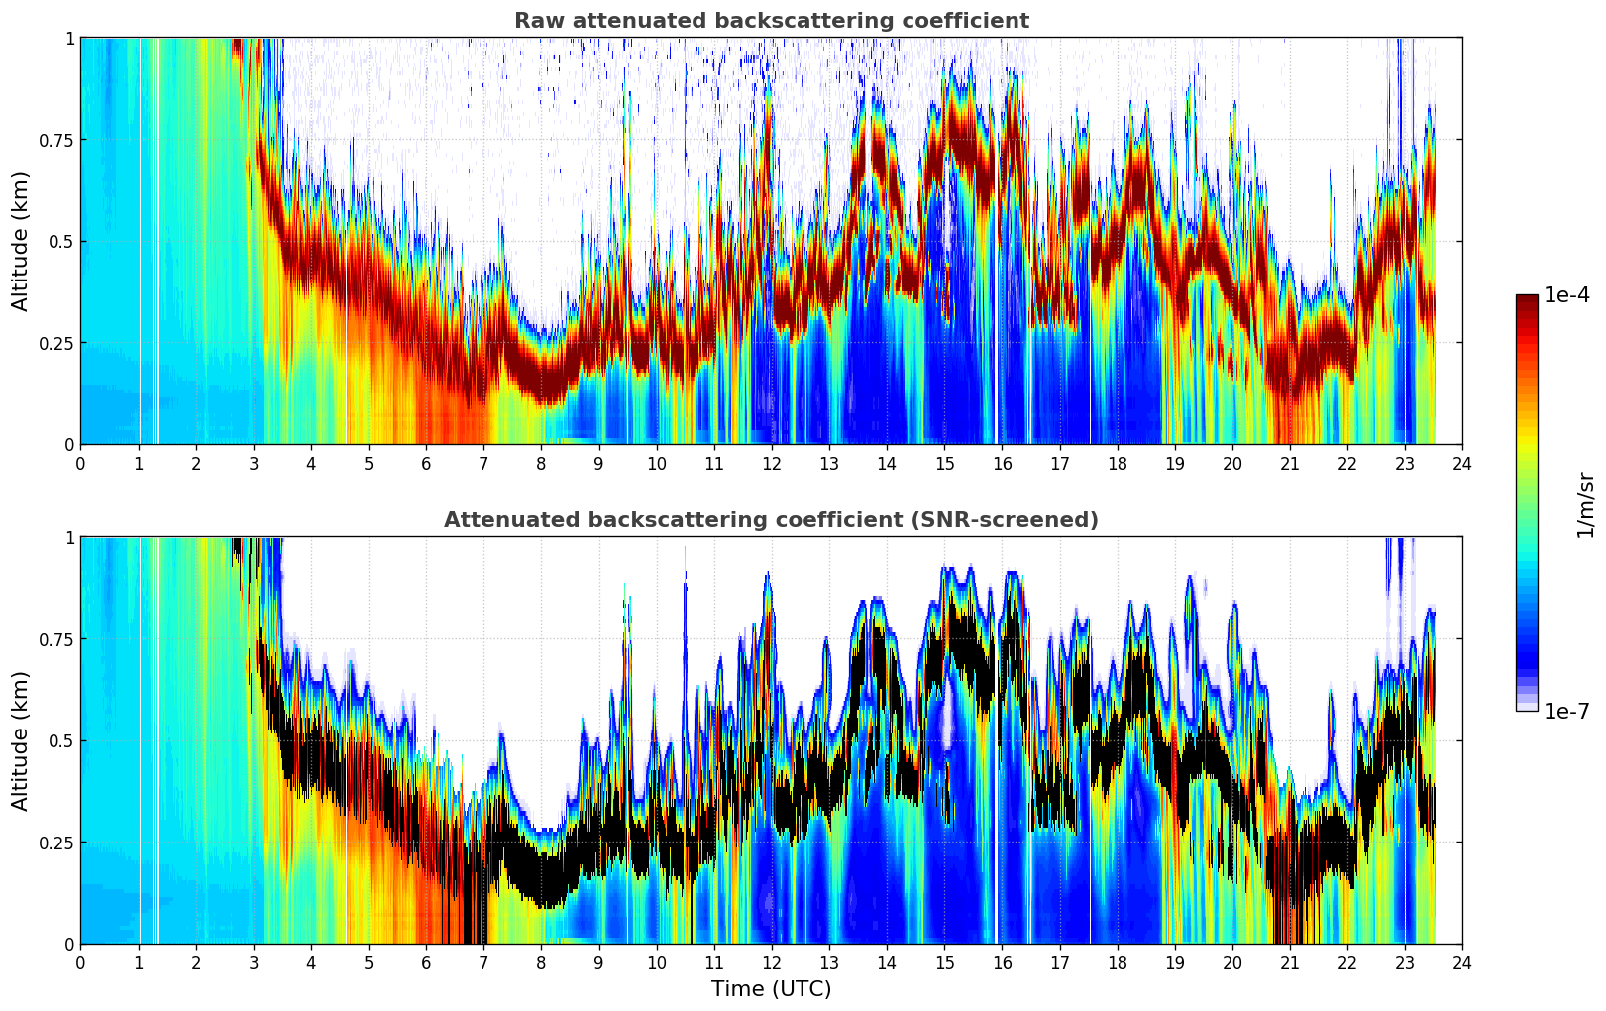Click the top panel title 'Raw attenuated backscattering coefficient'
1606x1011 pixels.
pyautogui.click(x=771, y=21)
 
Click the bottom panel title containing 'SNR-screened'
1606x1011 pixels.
pyautogui.click(x=771, y=520)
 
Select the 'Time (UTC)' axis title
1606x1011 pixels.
pyautogui.click(x=771, y=989)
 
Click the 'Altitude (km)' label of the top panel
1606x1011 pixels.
pyautogui.click(x=21, y=241)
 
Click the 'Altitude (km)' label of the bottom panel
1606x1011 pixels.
pyautogui.click(x=21, y=740)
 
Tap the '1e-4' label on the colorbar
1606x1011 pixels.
pyautogui.click(x=1567, y=295)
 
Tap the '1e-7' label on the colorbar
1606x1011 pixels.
pyautogui.click(x=1567, y=711)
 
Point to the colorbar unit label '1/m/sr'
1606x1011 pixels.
pyautogui.click(x=1585, y=504)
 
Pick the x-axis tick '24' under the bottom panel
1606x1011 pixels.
pyautogui.click(x=1462, y=962)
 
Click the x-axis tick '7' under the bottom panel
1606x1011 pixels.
pyautogui.click(x=483, y=962)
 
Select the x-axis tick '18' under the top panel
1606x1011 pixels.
pyautogui.click(x=1117, y=463)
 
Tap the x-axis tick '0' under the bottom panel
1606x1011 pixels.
pyautogui.click(x=80, y=962)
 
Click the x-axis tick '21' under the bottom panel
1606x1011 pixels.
pyautogui.click(x=1290, y=962)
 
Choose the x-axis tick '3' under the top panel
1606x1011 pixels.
pyautogui.click(x=254, y=463)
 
